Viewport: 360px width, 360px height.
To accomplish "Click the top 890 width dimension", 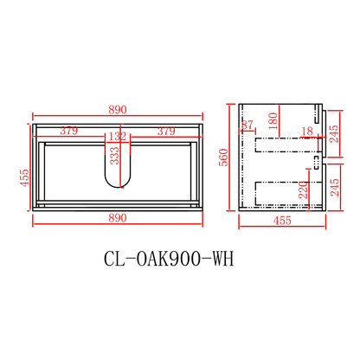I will pyautogui.click(x=119, y=109).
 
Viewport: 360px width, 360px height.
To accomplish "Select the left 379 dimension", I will pyautogui.click(x=70, y=132).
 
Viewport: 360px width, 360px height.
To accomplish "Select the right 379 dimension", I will pyautogui.click(x=166, y=132).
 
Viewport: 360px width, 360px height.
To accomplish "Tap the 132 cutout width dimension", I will pyautogui.click(x=119, y=136).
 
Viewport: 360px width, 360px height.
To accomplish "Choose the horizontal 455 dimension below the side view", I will pyautogui.click(x=281, y=222).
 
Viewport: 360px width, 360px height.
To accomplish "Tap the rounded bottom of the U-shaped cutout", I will pyautogui.click(x=119, y=184).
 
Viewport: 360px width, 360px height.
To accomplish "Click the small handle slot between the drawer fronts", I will pyautogui.click(x=315, y=161).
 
